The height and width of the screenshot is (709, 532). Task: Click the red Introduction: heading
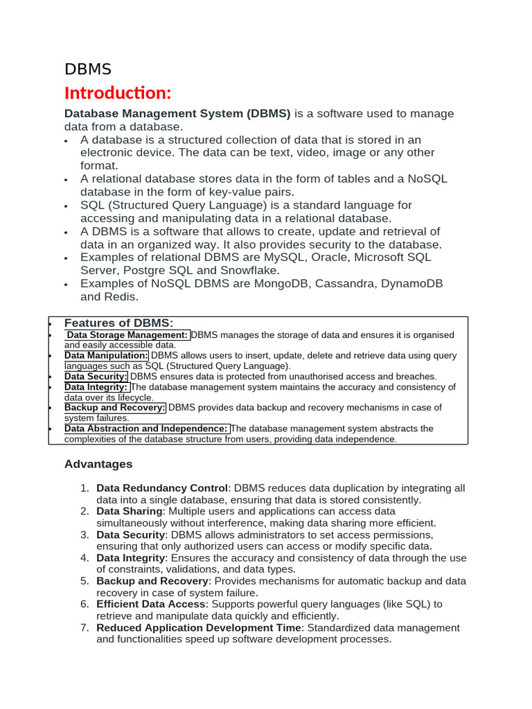117,93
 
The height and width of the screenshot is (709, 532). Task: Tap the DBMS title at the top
87,69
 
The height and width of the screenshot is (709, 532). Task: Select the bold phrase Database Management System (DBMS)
177,114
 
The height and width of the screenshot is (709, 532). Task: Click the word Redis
123,297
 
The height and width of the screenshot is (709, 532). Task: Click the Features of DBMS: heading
118,323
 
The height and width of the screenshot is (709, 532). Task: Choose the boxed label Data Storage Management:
127,335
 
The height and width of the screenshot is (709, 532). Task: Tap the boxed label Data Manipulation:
106,355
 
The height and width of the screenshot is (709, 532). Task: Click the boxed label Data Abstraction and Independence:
147,429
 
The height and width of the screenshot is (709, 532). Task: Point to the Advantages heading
98,464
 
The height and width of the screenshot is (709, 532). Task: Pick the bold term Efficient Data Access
150,604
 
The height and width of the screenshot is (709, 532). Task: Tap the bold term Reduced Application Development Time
199,628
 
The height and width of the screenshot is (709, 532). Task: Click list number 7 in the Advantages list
85,628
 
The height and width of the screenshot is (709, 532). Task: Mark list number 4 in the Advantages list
85,558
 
